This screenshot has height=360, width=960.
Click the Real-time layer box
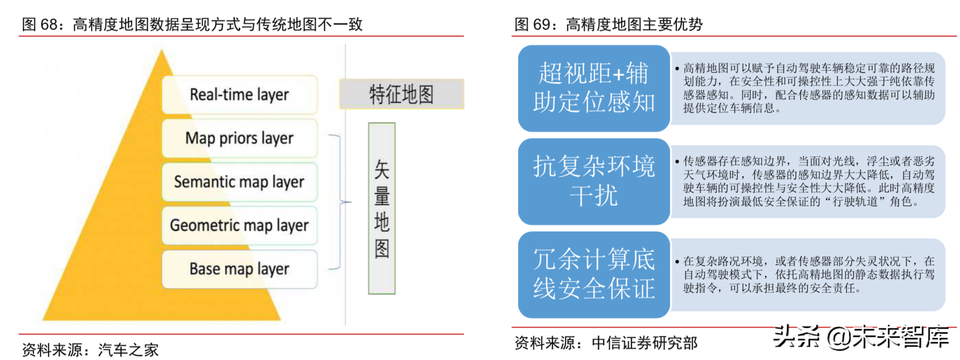coord(239,95)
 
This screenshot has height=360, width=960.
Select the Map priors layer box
coord(239,138)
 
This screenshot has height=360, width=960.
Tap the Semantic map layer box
coord(239,182)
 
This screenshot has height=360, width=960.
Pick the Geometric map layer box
coord(239,225)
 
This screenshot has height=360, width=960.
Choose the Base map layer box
coord(239,268)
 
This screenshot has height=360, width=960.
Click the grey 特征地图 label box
coord(402,94)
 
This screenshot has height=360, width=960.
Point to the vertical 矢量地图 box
coord(382,208)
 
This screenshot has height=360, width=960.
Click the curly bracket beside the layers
coord(339,202)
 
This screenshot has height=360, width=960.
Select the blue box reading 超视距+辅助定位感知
coord(594,88)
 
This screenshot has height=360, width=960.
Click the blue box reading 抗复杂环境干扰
coord(594,181)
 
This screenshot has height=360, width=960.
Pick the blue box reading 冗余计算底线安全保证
coord(594,275)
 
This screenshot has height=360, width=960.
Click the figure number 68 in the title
coord(49,24)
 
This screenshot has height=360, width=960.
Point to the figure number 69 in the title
coord(541,24)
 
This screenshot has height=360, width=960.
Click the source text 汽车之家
coord(128,350)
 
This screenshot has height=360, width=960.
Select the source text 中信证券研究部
coord(644,343)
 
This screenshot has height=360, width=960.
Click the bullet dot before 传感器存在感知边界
coord(677,162)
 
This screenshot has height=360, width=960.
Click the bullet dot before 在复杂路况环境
coord(677,261)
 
